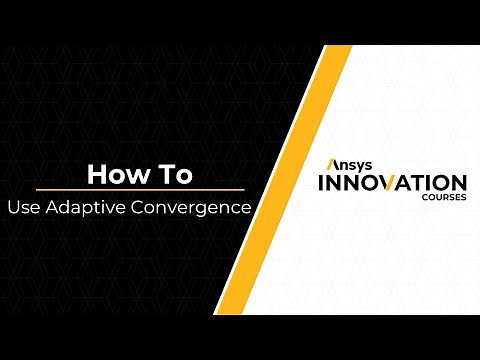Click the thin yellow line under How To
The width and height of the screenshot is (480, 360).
(x=140, y=190)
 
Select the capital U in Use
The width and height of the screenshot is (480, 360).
(x=14, y=209)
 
